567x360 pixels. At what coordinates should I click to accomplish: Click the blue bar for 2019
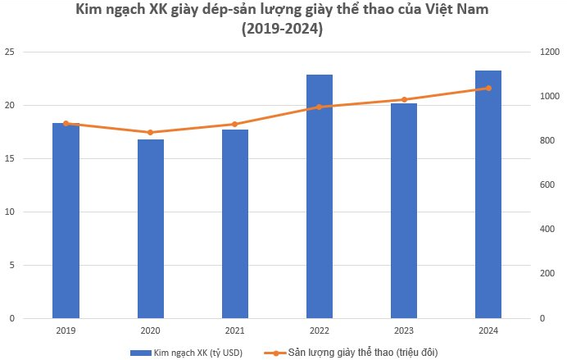pos(66,221)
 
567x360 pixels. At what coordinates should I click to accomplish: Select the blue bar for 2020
pos(150,229)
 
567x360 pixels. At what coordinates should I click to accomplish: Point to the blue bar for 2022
pos(320,196)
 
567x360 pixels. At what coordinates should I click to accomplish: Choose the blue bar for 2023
pos(404,211)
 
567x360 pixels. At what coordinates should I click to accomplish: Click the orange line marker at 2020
pos(150,132)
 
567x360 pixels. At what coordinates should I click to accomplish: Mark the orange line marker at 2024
pos(488,88)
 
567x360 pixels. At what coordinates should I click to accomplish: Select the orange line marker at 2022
pos(320,107)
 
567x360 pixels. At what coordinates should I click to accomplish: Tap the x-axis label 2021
pos(235,330)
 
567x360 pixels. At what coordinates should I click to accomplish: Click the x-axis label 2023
pos(404,330)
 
